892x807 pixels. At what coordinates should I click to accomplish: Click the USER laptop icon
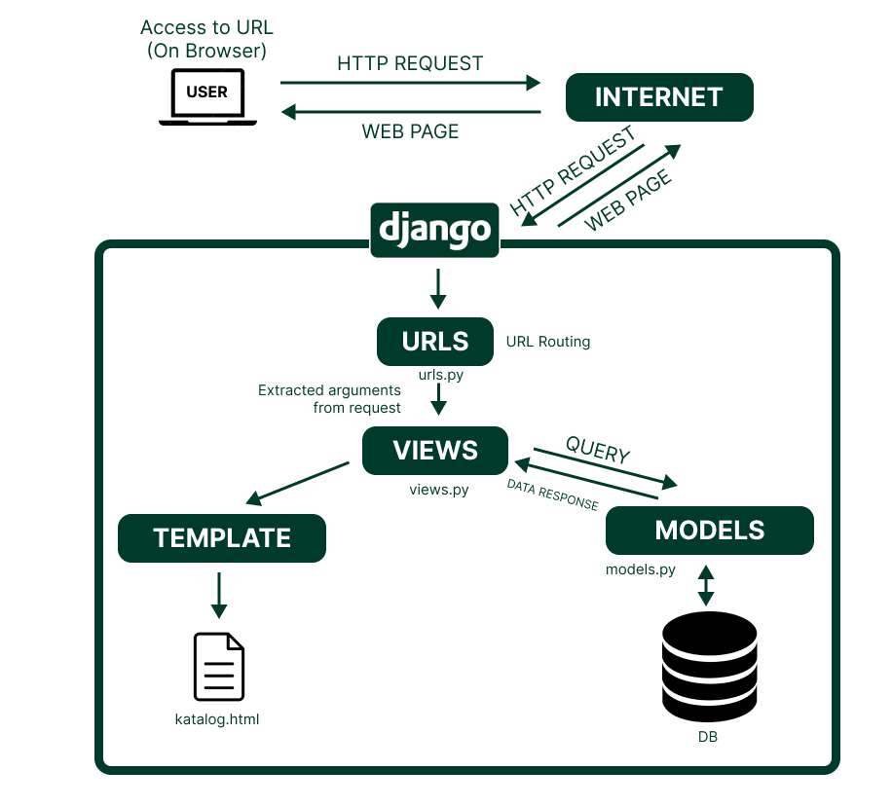(x=206, y=96)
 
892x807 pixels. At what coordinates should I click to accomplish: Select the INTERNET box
(x=659, y=97)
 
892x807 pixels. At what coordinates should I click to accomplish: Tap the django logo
(x=434, y=231)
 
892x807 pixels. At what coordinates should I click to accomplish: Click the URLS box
(x=435, y=342)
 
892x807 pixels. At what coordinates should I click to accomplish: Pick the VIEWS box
(x=435, y=451)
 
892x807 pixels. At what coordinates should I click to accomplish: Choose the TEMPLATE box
(x=222, y=538)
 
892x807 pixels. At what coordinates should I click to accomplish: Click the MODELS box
(x=709, y=531)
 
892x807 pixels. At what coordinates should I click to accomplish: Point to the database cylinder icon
(x=708, y=666)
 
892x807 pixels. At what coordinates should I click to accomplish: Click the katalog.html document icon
(x=219, y=667)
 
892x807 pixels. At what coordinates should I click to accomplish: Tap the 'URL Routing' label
(x=548, y=342)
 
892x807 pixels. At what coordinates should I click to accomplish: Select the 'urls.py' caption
(x=434, y=374)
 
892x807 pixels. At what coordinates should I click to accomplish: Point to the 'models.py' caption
(x=641, y=569)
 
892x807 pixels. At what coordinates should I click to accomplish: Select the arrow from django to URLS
(x=437, y=288)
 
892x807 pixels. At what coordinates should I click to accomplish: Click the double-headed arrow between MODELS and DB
(x=706, y=586)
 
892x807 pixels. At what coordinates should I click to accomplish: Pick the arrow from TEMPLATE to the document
(x=219, y=594)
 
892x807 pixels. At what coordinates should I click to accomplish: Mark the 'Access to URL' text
(x=207, y=27)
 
